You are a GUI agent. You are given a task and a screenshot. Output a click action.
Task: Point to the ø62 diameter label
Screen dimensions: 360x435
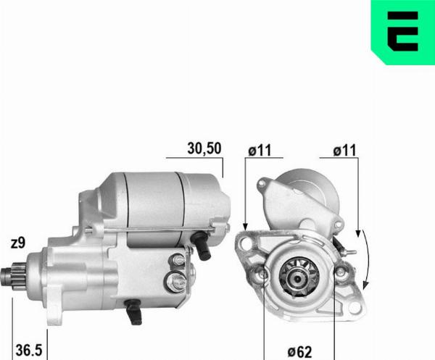click(x=297, y=351)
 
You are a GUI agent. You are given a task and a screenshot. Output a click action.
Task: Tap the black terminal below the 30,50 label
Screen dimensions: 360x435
click(x=204, y=247)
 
